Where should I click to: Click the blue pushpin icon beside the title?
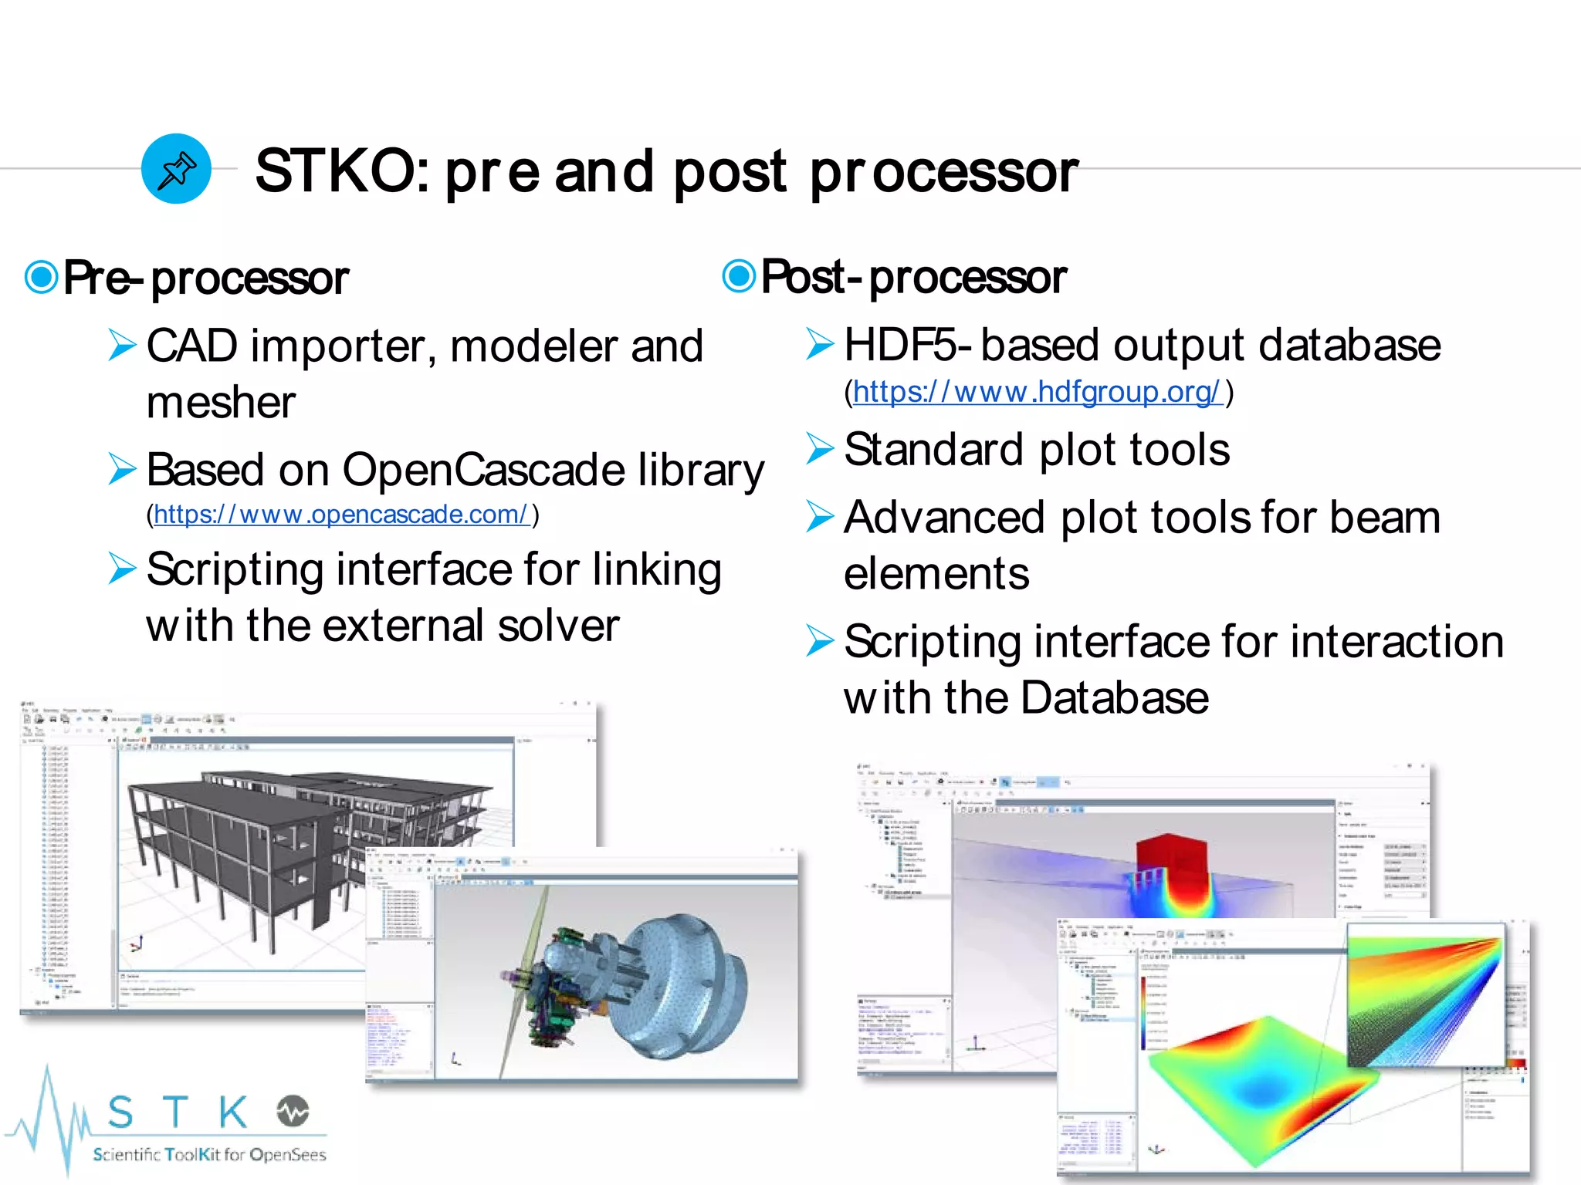[176, 169]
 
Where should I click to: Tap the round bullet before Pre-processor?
[41, 277]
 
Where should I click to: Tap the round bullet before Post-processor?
[739, 275]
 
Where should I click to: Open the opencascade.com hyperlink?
[341, 515]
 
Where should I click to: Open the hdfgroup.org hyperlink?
[1037, 392]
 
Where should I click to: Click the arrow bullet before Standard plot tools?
[820, 448]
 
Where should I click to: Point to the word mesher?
[221, 403]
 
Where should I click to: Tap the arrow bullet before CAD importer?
[122, 345]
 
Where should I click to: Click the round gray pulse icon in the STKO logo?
[293, 1111]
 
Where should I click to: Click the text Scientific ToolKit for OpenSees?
[209, 1154]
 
